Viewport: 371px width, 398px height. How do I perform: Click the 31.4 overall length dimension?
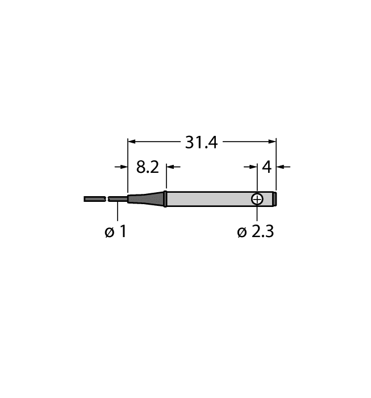(x=201, y=142)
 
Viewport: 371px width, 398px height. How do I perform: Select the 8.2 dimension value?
(x=147, y=167)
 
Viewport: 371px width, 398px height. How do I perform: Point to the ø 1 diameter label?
(x=116, y=232)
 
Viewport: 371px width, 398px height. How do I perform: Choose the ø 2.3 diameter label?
(x=255, y=232)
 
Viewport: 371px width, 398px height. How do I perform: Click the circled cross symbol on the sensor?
(x=257, y=199)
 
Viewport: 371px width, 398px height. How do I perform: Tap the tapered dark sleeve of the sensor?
(x=146, y=198)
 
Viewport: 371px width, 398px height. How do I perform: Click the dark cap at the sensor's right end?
(x=274, y=198)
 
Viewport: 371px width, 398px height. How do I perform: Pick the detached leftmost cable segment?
(x=94, y=199)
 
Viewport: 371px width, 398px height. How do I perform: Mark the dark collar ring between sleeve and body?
(x=165, y=198)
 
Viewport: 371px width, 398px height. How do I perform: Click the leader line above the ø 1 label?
(x=118, y=212)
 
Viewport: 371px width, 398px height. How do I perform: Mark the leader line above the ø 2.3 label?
(x=257, y=214)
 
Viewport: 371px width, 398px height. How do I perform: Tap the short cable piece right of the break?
(x=118, y=199)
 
